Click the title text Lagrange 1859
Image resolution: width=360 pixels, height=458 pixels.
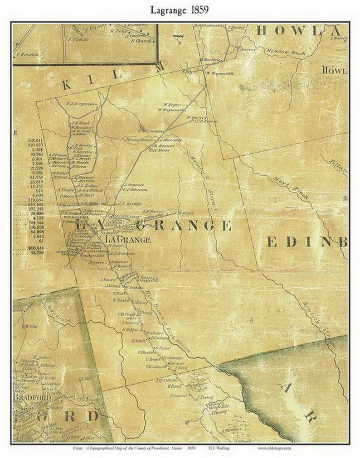180,10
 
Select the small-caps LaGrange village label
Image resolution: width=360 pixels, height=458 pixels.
127,240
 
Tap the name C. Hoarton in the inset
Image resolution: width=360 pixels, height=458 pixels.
28,55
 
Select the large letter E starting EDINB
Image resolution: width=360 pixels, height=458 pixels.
271,242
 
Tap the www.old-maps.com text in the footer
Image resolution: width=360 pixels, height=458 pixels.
275,448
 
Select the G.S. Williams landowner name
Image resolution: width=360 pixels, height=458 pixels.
124,254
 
